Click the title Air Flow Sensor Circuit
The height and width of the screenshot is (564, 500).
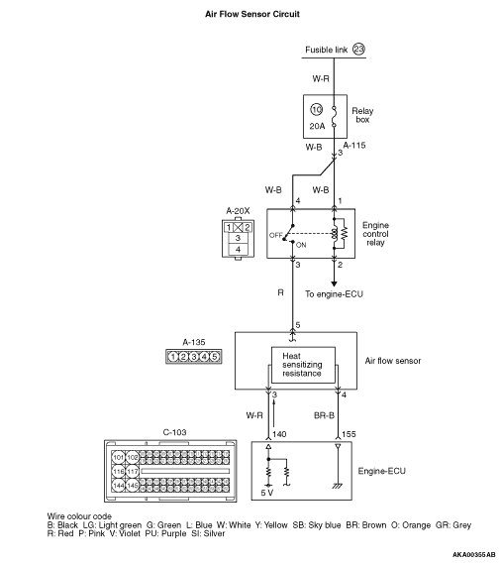pos(252,14)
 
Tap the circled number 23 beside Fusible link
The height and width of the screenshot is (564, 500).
pos(358,49)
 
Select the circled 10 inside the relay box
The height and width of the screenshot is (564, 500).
pos(317,109)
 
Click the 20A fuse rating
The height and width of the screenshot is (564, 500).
pos(317,126)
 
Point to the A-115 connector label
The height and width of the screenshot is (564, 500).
pos(354,146)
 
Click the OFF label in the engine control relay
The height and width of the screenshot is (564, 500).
pos(276,235)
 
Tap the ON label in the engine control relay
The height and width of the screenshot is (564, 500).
pos(301,245)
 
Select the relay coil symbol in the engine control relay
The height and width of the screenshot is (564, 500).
pos(335,234)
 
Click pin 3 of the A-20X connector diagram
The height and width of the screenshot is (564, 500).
pos(238,238)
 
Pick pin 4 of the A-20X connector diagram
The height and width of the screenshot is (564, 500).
pos(238,249)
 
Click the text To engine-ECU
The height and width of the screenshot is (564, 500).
pos(334,294)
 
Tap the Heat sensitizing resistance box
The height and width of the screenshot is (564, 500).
pos(303,365)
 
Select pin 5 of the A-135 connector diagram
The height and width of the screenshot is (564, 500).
pos(215,357)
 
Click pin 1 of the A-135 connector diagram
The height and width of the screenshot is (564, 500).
pos(173,357)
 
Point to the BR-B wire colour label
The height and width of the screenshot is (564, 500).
pos(324,415)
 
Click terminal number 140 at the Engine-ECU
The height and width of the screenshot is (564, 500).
pos(279,434)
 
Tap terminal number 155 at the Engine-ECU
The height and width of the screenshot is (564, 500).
pos(349,434)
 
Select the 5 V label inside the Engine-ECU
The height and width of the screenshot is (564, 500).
pos(267,493)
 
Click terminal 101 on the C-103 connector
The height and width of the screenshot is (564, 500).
pos(118,458)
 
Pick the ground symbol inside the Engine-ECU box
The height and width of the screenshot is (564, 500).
pos(337,486)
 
